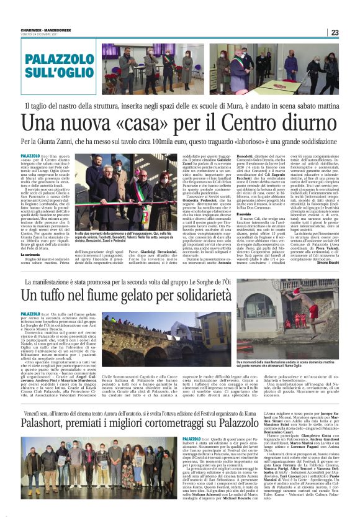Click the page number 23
[335, 33]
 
